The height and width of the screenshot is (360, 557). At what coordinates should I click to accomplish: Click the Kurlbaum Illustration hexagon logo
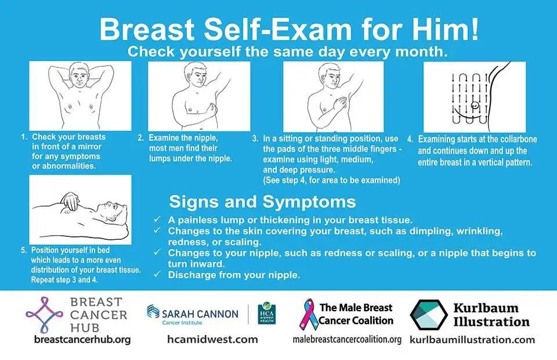pos(428,315)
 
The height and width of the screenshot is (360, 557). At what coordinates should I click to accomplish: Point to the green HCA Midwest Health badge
pos(266,313)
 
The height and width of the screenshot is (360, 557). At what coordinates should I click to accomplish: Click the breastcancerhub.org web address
pos(82,340)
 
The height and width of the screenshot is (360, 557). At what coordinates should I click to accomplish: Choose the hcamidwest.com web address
pos(212,340)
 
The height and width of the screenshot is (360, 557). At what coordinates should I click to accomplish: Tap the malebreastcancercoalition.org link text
pos(347,340)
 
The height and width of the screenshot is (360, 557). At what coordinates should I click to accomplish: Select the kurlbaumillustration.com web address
pos(472,340)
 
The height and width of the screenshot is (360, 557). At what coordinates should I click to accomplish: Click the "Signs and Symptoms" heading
pos(262,201)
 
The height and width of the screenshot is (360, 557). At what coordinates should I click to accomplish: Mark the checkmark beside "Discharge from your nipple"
pos(157,274)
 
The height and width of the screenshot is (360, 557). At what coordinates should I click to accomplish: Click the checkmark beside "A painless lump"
pos(157,219)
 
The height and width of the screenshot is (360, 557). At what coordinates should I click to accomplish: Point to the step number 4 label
pos(410,139)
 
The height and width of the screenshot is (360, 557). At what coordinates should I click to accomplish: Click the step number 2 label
pos(141,138)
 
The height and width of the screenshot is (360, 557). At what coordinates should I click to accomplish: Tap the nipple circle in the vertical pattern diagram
pos(474,105)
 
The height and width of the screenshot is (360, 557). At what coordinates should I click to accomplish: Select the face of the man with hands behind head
pos(79,75)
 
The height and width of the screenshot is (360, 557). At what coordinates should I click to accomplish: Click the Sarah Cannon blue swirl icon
pos(153,312)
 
